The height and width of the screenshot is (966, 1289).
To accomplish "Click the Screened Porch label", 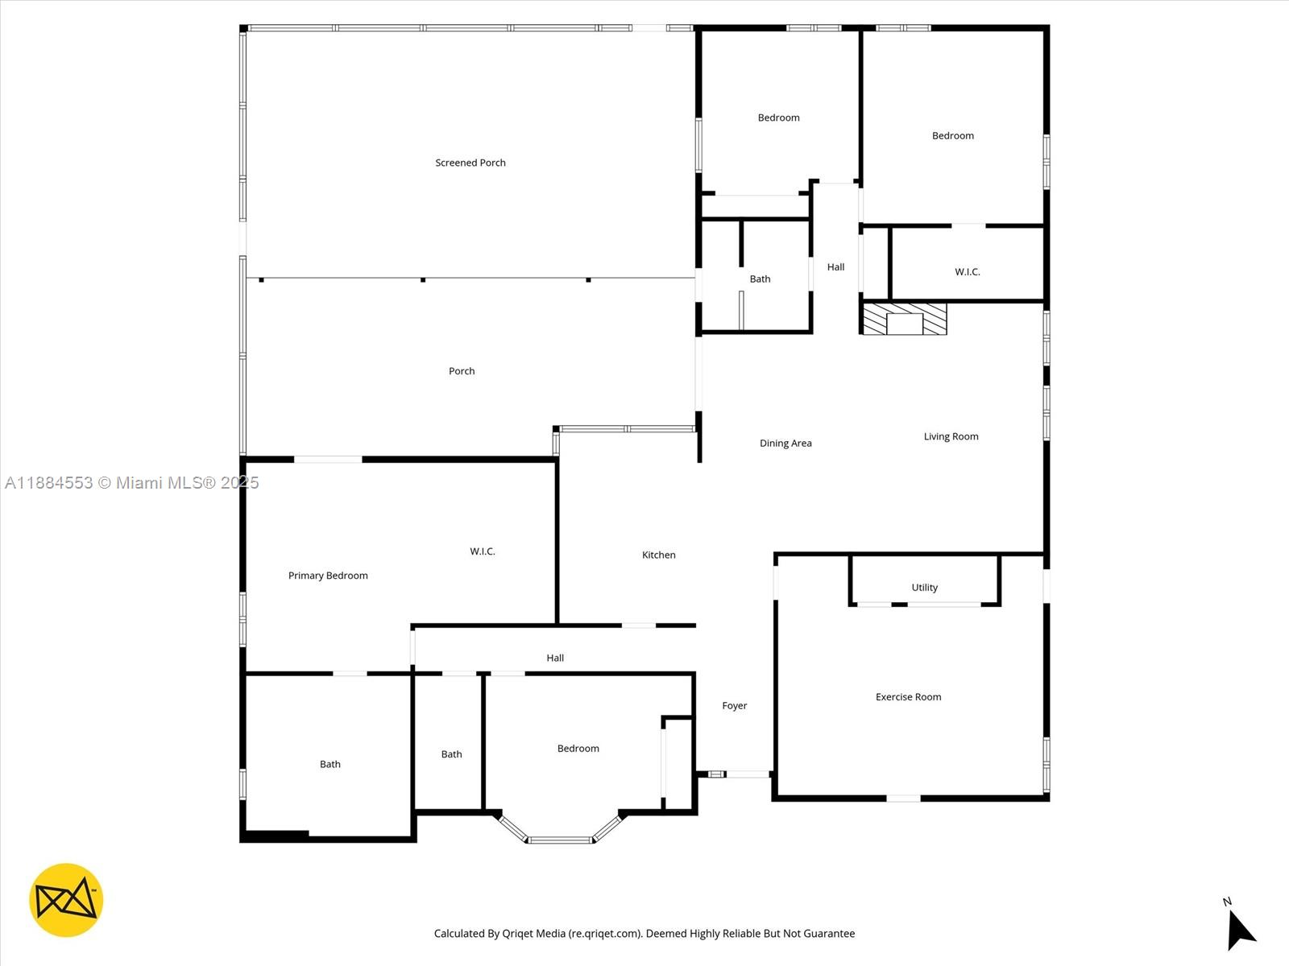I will pyautogui.click(x=470, y=163).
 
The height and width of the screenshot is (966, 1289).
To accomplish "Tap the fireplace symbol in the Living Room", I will pyautogui.click(x=904, y=319).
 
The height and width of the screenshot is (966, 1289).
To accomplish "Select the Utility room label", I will pyautogui.click(x=924, y=588).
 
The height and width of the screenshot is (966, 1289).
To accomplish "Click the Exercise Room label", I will pyautogui.click(x=908, y=697).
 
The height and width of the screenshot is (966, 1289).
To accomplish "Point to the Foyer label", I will pyautogui.click(x=734, y=706).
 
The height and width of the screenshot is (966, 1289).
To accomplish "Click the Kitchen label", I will pyautogui.click(x=658, y=555).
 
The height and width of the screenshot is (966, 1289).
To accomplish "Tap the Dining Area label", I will pyautogui.click(x=785, y=444).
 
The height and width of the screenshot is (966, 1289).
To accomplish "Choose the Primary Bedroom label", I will pyautogui.click(x=328, y=576).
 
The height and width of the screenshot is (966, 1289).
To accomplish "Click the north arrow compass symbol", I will pyautogui.click(x=1240, y=929).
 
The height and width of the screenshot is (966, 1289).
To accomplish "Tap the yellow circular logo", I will pyautogui.click(x=66, y=900).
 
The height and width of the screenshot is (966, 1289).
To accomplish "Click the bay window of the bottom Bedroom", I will pyautogui.click(x=561, y=837).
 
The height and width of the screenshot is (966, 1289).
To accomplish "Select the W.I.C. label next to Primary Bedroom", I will pyautogui.click(x=483, y=551).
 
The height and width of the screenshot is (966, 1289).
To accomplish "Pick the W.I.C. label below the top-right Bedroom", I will pyautogui.click(x=967, y=272).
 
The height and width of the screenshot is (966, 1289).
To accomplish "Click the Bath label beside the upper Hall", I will pyautogui.click(x=760, y=279).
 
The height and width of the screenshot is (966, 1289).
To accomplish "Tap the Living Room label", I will pyautogui.click(x=951, y=437).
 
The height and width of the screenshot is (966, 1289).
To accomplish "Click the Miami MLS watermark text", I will pyautogui.click(x=131, y=483).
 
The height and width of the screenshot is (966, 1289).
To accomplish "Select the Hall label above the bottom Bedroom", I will pyautogui.click(x=555, y=658).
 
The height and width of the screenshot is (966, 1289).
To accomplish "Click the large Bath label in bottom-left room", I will pyautogui.click(x=330, y=765).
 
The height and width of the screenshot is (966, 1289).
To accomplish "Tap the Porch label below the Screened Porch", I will pyautogui.click(x=462, y=371).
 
